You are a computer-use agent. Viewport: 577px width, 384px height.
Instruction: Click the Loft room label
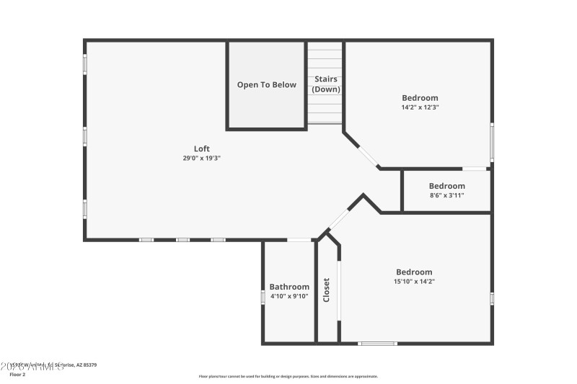pos(202,148)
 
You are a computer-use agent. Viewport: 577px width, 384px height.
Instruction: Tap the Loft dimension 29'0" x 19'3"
pos(202,158)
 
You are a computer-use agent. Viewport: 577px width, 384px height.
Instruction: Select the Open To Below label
pos(267,85)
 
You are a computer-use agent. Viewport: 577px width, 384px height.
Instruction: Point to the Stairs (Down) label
pos(325,84)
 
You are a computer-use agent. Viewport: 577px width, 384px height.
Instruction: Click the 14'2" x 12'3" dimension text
pos(420,107)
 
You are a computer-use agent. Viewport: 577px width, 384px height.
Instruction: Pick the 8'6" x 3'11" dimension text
pos(446,195)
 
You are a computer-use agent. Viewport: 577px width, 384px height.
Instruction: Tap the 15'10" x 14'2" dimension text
pos(414,282)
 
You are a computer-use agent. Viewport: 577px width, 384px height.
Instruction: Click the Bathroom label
pos(289,287)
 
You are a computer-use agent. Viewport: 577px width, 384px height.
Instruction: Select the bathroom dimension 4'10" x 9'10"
pos(289,296)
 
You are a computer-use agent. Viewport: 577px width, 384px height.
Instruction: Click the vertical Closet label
pos(327,290)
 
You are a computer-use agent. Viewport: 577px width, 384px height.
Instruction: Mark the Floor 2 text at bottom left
pos(17,375)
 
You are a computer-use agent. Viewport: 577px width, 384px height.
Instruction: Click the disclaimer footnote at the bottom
pos(288,376)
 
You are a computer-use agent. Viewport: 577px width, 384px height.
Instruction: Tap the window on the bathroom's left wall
pos(263,297)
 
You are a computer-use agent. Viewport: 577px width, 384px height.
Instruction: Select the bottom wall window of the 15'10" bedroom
pos(378,344)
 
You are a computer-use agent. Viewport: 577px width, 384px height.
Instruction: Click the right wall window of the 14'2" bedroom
pos(492,142)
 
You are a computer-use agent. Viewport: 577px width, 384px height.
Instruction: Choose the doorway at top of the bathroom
pos(299,240)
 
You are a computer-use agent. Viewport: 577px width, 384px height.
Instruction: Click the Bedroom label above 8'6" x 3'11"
pos(446,186)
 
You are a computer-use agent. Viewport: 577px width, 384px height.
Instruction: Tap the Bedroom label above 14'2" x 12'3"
pos(420,98)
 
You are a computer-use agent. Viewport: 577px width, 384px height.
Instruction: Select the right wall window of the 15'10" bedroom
pos(492,298)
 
